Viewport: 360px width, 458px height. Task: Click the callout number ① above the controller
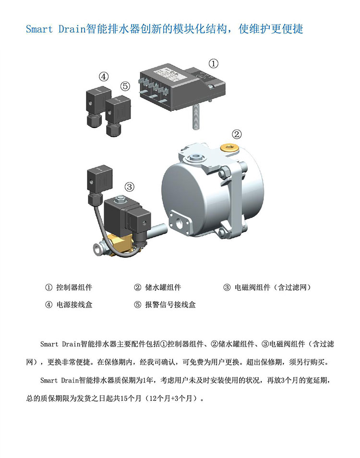pyautogui.click(x=214, y=63)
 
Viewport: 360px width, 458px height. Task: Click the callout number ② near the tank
pyautogui.click(x=237, y=134)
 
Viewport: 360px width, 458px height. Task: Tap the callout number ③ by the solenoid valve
pyautogui.click(x=130, y=186)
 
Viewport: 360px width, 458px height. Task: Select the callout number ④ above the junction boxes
pyautogui.click(x=104, y=77)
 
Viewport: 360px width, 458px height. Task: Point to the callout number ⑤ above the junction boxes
pyautogui.click(x=125, y=86)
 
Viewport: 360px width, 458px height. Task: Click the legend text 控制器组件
pyautogui.click(x=74, y=288)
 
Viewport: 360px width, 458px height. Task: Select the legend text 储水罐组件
pyautogui.click(x=163, y=288)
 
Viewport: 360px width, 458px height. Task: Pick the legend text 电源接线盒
pyautogui.click(x=74, y=305)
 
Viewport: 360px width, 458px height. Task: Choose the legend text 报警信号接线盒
pyautogui.click(x=170, y=305)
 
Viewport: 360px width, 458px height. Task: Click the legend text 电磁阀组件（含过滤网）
pyautogui.click(x=273, y=288)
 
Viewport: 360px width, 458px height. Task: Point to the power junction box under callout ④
pyautogui.click(x=97, y=107)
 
